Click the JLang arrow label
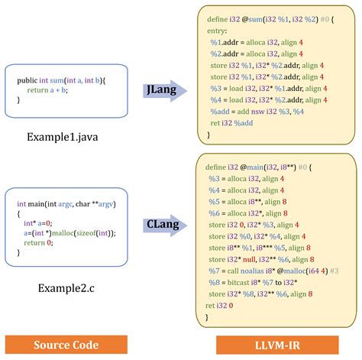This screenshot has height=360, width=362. point(161,89)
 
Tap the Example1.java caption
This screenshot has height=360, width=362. point(62,138)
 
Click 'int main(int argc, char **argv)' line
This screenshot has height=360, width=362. point(63,204)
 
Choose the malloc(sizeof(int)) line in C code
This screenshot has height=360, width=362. point(69,233)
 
